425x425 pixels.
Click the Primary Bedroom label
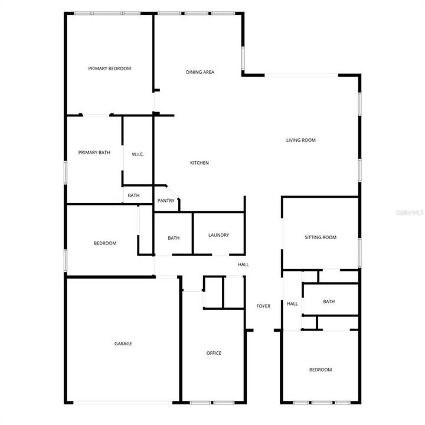pyautogui.click(x=109, y=68)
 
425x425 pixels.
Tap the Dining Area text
pyautogui.click(x=200, y=72)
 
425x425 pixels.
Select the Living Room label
pyautogui.click(x=301, y=140)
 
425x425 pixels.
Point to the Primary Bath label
pyautogui.click(x=94, y=152)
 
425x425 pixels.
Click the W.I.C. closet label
pyautogui.click(x=138, y=155)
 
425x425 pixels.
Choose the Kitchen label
pyautogui.click(x=199, y=163)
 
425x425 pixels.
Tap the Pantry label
pyautogui.click(x=166, y=201)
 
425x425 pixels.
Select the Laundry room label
pyautogui.click(x=218, y=235)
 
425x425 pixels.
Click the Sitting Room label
pyautogui.click(x=321, y=237)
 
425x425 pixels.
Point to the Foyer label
pyautogui.click(x=263, y=306)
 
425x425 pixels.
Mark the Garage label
pyautogui.click(x=123, y=344)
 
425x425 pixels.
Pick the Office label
pyautogui.click(x=214, y=353)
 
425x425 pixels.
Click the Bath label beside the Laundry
pyautogui.click(x=174, y=238)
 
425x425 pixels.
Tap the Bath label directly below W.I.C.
pyautogui.click(x=134, y=195)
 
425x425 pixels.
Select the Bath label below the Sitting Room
pyautogui.click(x=329, y=302)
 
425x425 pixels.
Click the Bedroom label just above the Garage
pyautogui.click(x=105, y=243)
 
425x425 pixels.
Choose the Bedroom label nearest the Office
pyautogui.click(x=321, y=370)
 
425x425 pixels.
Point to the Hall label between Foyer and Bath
pyautogui.click(x=292, y=304)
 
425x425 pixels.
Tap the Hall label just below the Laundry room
pyautogui.click(x=243, y=264)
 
